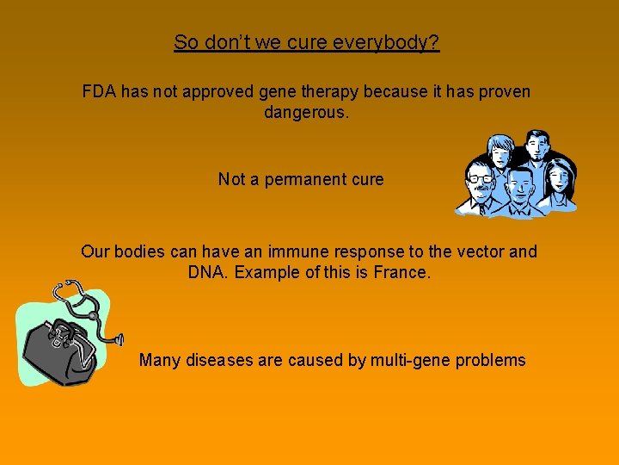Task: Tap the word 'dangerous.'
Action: pyautogui.click(x=307, y=113)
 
